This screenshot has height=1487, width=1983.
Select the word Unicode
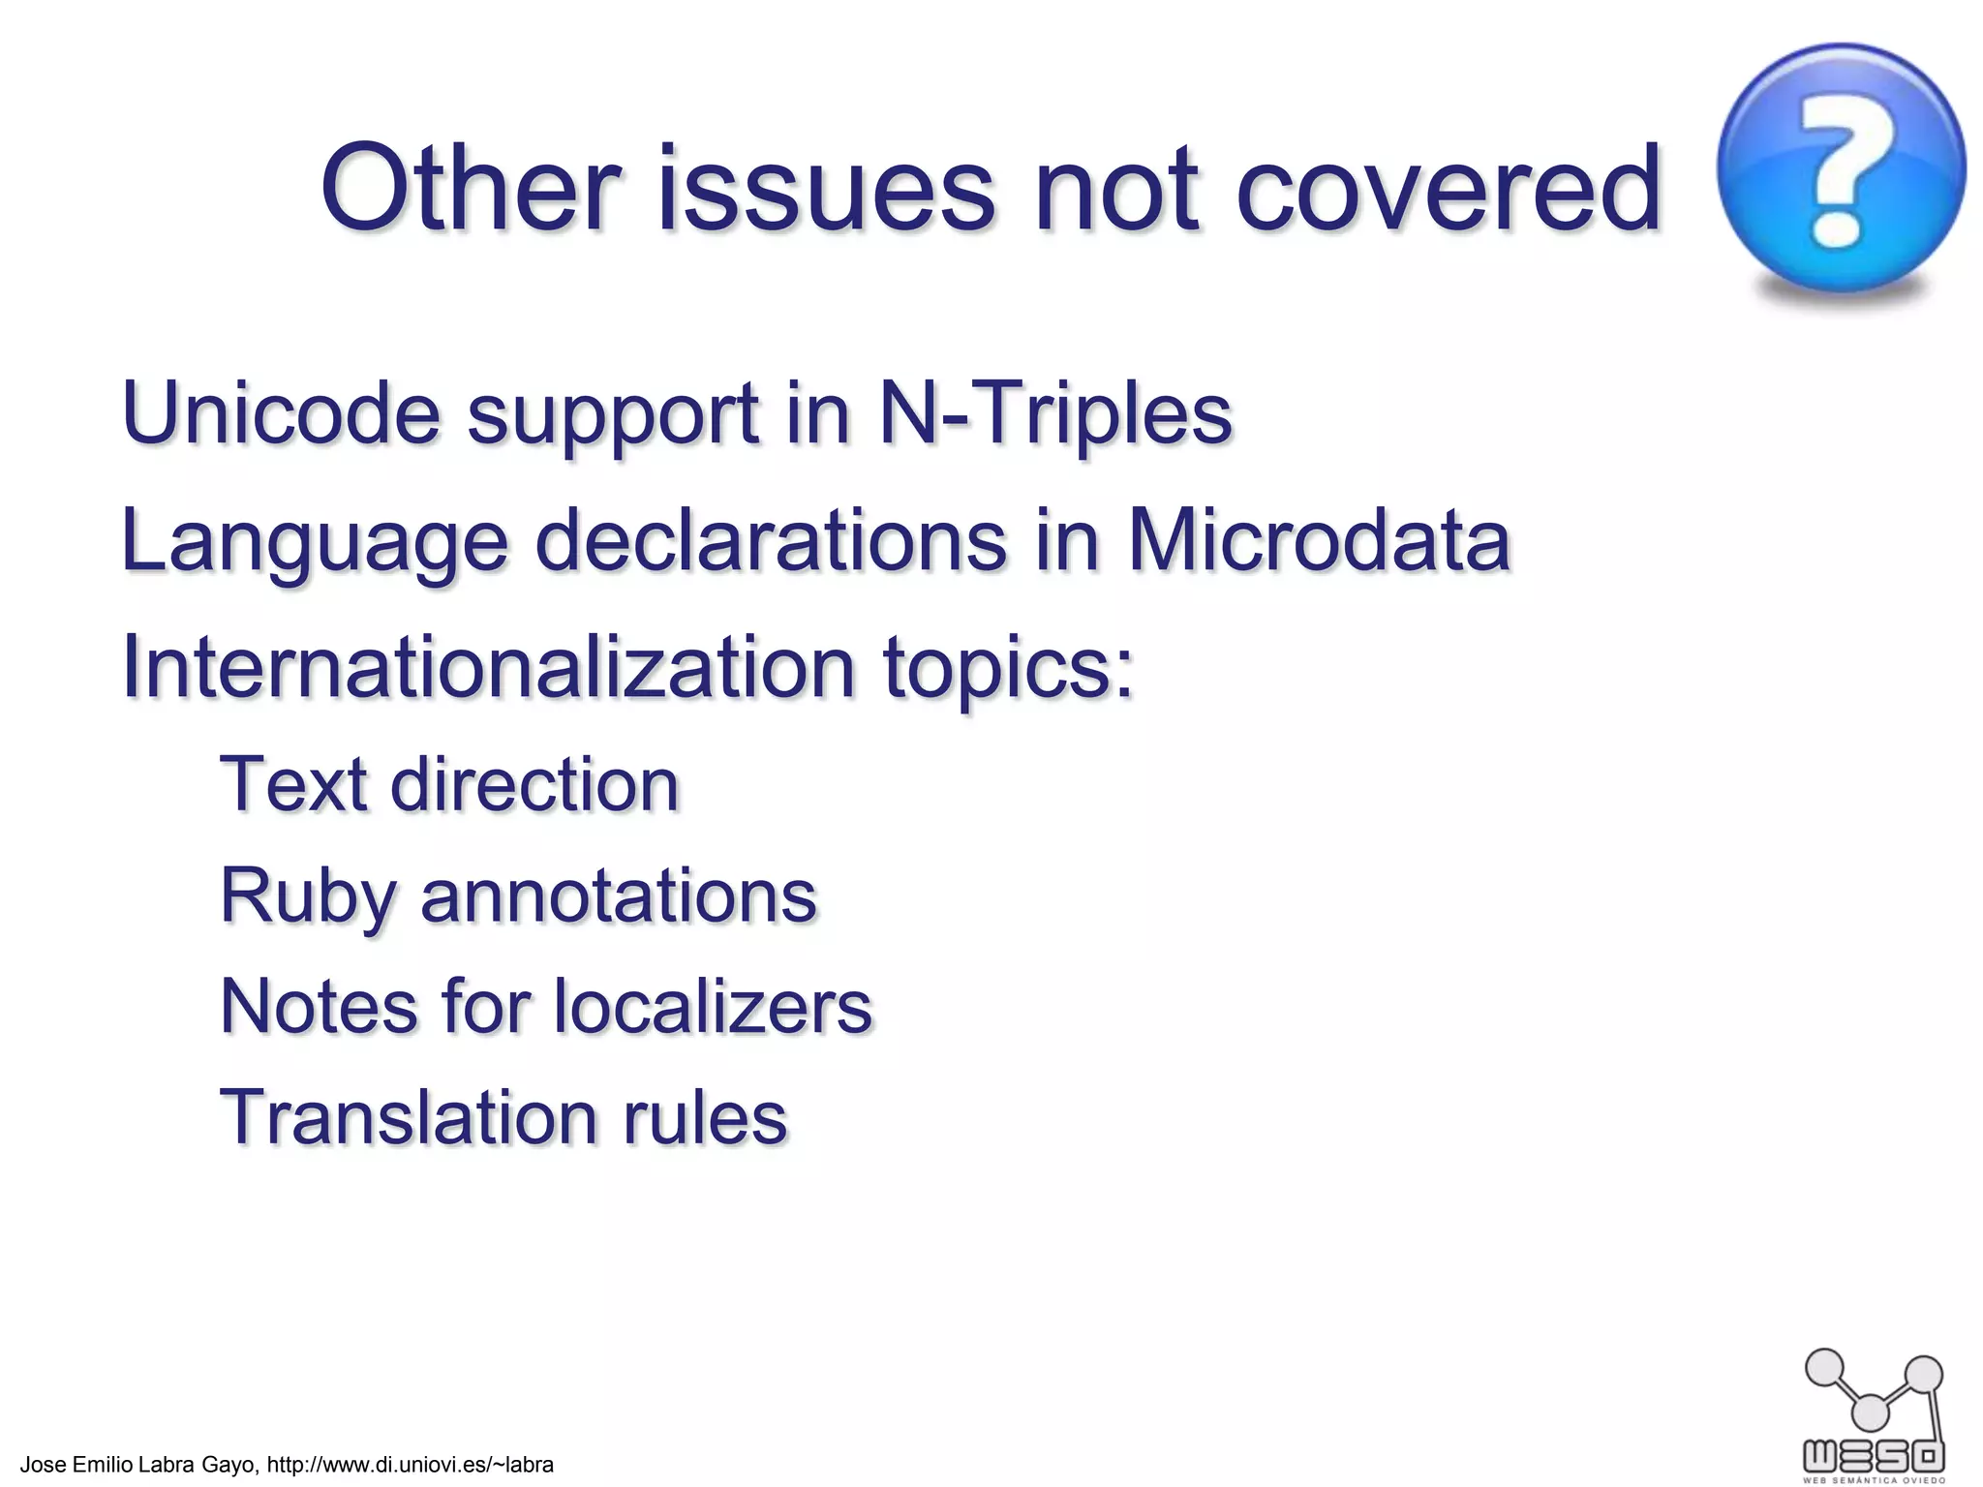[281, 413]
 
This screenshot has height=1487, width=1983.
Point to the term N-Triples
[1055, 413]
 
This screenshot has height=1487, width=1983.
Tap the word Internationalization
[488, 667]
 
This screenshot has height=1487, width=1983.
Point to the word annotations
[619, 895]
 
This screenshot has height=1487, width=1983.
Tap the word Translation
[407, 1117]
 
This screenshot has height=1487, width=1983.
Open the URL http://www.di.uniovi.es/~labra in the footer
[410, 1465]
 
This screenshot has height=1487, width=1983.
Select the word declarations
[771, 540]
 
